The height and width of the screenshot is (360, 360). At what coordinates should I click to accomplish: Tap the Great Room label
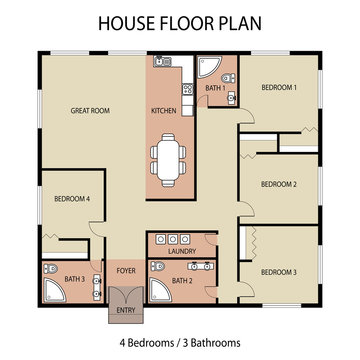90,110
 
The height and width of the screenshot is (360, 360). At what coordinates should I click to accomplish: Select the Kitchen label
164,110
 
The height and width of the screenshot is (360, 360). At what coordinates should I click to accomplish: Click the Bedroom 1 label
279,88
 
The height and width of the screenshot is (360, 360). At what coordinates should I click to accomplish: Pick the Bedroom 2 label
279,184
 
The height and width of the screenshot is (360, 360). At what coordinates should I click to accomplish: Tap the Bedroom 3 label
279,271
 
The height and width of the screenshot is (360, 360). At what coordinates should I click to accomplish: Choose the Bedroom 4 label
72,199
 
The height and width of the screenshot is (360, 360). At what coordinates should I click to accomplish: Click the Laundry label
181,252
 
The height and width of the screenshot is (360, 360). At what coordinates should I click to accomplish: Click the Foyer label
127,270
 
